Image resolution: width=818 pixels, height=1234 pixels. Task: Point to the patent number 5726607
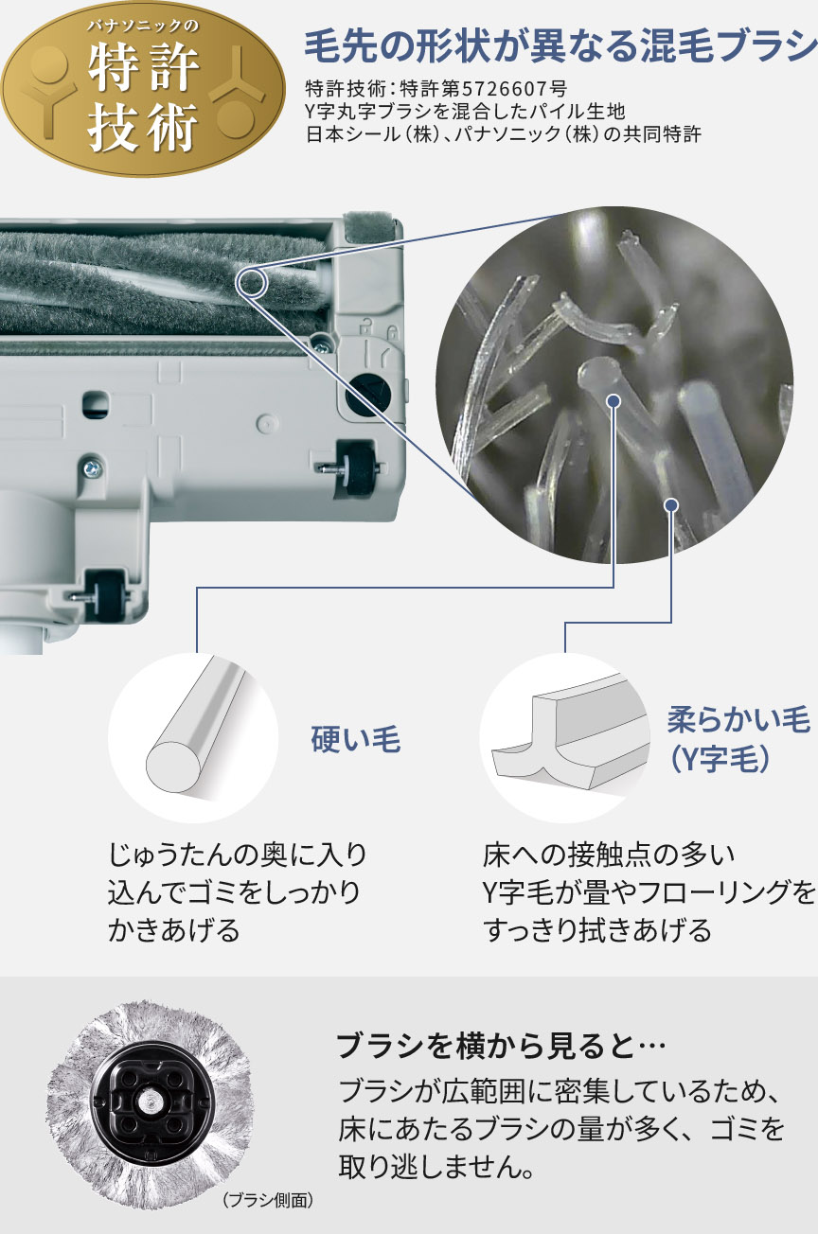click(511, 89)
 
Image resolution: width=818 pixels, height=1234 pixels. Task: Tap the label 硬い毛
click(356, 740)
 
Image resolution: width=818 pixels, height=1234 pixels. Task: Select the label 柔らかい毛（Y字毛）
click(738, 738)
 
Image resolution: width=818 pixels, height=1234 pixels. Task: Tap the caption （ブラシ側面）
click(268, 1201)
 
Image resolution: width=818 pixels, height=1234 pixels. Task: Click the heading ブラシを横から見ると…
click(502, 1047)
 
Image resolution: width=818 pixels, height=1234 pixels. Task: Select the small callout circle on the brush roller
click(251, 281)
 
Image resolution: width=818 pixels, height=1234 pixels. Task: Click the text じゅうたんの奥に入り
click(238, 855)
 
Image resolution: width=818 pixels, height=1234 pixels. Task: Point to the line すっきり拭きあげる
click(596, 930)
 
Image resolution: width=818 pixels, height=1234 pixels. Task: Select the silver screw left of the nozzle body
click(92, 466)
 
